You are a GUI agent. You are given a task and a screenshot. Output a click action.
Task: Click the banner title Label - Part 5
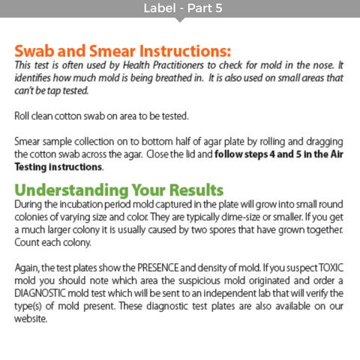click(180, 10)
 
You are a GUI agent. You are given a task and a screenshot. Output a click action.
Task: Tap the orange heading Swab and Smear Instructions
click(122, 52)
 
